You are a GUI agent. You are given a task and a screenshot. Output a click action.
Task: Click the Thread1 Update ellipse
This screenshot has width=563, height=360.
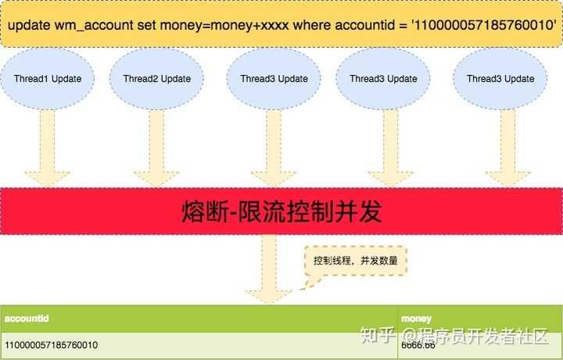pos(53,79)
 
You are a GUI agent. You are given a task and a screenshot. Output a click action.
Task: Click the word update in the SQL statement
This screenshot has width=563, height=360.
pos(28,26)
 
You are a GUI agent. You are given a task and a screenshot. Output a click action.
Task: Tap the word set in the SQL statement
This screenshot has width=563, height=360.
pos(147,26)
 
